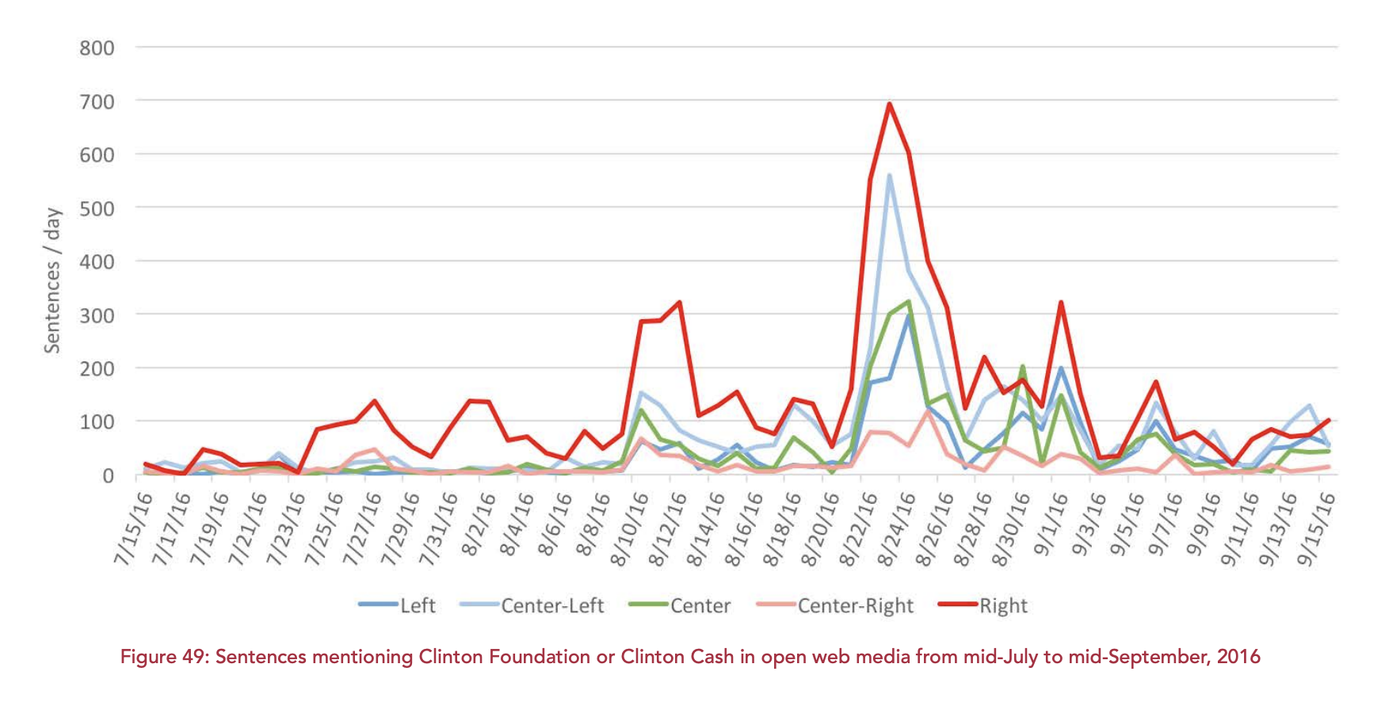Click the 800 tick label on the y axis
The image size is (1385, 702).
tap(97, 48)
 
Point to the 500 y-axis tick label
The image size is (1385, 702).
tap(97, 208)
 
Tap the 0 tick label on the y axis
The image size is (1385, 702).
tap(108, 475)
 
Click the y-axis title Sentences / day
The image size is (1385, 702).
tap(52, 280)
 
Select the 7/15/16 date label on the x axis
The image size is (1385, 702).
tap(134, 528)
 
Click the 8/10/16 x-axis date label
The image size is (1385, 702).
tap(630, 528)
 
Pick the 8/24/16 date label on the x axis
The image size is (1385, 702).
tap(897, 528)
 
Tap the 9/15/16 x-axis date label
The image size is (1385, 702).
tap(1317, 528)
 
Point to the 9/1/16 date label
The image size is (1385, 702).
tap(1052, 528)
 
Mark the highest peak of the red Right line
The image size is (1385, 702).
tap(890, 104)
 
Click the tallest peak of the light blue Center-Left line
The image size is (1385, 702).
tap(890, 175)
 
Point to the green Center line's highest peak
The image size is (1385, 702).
tap(908, 301)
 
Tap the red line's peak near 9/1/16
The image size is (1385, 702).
tap(1061, 303)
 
